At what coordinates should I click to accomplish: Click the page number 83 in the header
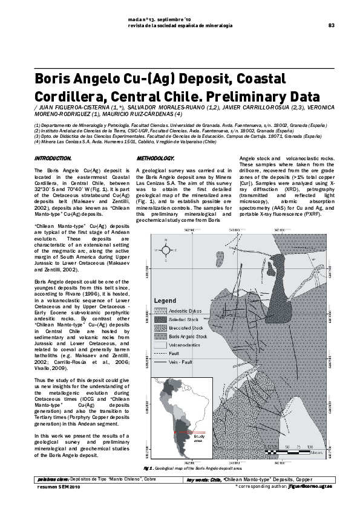[x=332, y=25]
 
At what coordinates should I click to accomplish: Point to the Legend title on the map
[x=165, y=300]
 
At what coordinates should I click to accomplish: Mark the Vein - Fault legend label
[x=181, y=361]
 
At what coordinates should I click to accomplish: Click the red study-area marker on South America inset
[x=182, y=432]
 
